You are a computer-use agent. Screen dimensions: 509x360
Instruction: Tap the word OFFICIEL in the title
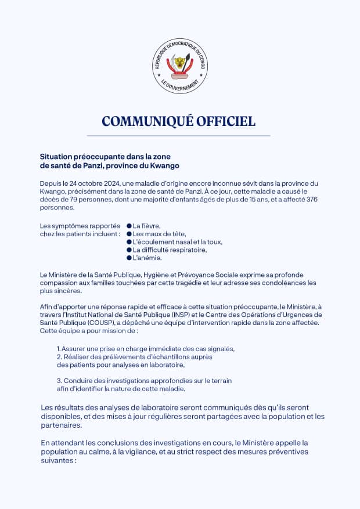226,121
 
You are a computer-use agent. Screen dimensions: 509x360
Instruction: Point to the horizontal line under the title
179,135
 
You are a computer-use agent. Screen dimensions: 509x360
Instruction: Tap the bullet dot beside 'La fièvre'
129,226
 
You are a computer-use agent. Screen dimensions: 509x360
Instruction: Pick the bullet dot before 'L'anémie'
129,258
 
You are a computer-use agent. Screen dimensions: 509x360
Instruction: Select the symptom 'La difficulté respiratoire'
170,250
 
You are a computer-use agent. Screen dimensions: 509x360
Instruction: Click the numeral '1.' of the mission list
59,349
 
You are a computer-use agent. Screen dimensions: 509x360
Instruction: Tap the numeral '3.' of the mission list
59,381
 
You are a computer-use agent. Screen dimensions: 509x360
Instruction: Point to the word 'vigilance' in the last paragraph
153,451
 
